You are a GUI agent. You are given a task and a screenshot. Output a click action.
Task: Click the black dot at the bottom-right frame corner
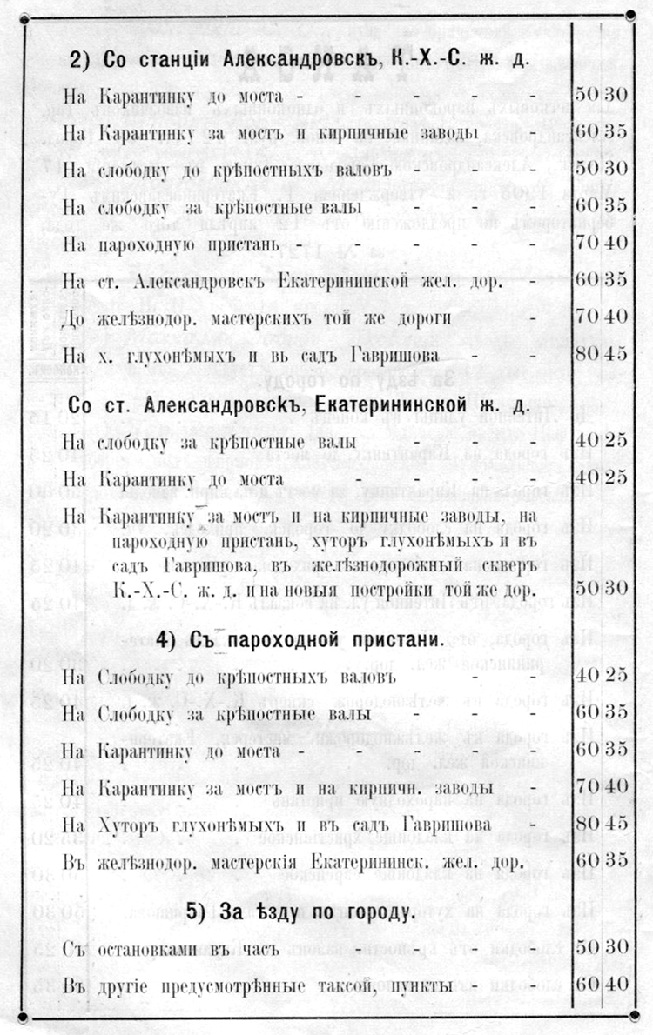coord(629,1018)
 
